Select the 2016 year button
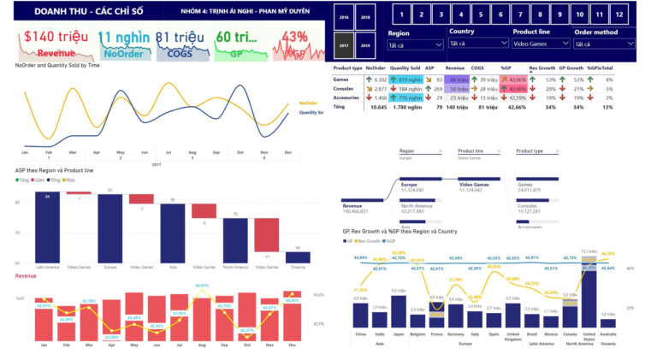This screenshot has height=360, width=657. [344, 17]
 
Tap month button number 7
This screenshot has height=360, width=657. [519, 15]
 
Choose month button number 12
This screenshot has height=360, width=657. [619, 15]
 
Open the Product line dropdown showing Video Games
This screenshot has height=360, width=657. [536, 44]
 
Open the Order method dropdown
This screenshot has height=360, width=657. [604, 44]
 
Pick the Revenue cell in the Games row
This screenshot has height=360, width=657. [456, 79]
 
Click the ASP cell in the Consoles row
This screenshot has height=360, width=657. [436, 88]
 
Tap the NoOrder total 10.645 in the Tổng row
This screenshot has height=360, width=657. [376, 108]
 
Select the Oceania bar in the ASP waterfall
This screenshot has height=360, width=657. [298, 257]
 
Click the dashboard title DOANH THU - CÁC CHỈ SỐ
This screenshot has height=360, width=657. [77, 12]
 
